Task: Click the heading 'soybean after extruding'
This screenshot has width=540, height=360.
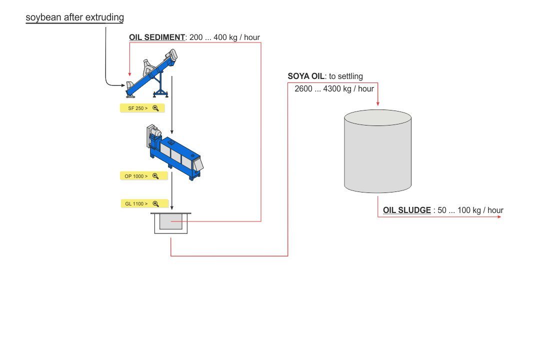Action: [74, 17]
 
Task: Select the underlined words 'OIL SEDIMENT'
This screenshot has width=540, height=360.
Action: [156, 37]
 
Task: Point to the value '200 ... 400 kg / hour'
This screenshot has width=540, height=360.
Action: [224, 37]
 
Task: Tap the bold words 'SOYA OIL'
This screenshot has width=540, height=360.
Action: [306, 76]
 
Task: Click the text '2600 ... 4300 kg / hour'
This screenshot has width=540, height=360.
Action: [334, 89]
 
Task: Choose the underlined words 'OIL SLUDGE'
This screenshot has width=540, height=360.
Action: [406, 210]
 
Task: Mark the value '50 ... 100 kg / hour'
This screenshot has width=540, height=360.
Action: [470, 210]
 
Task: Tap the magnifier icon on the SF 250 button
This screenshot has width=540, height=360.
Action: [155, 108]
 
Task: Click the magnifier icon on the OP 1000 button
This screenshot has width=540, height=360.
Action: [155, 176]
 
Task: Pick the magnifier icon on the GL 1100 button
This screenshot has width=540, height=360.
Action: [155, 203]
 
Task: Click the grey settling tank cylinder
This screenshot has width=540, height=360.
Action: [377, 152]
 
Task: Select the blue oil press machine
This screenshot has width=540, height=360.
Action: [175, 152]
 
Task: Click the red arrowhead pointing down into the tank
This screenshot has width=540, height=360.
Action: [377, 102]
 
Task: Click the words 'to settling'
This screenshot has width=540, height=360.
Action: [346, 76]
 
